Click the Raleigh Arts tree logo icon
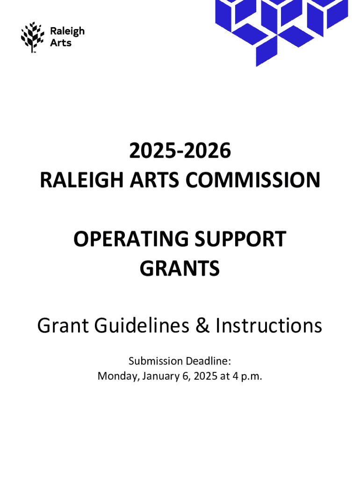tap(32, 37)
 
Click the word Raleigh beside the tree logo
tap(67, 31)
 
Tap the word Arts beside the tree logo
tap(61, 43)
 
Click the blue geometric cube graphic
tap(281, 30)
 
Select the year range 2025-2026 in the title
tap(180, 151)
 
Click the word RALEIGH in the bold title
tap(82, 180)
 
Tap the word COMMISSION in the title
tap(253, 180)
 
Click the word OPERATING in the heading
tap(131, 239)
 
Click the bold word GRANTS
tap(180, 268)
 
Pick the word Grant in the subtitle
tap(63, 326)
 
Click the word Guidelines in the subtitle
tap(142, 326)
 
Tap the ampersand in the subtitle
tap(202, 326)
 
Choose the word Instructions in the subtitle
tap(269, 326)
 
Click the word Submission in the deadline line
tap(155, 361)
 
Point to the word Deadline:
tap(208, 361)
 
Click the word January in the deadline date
tap(161, 376)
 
